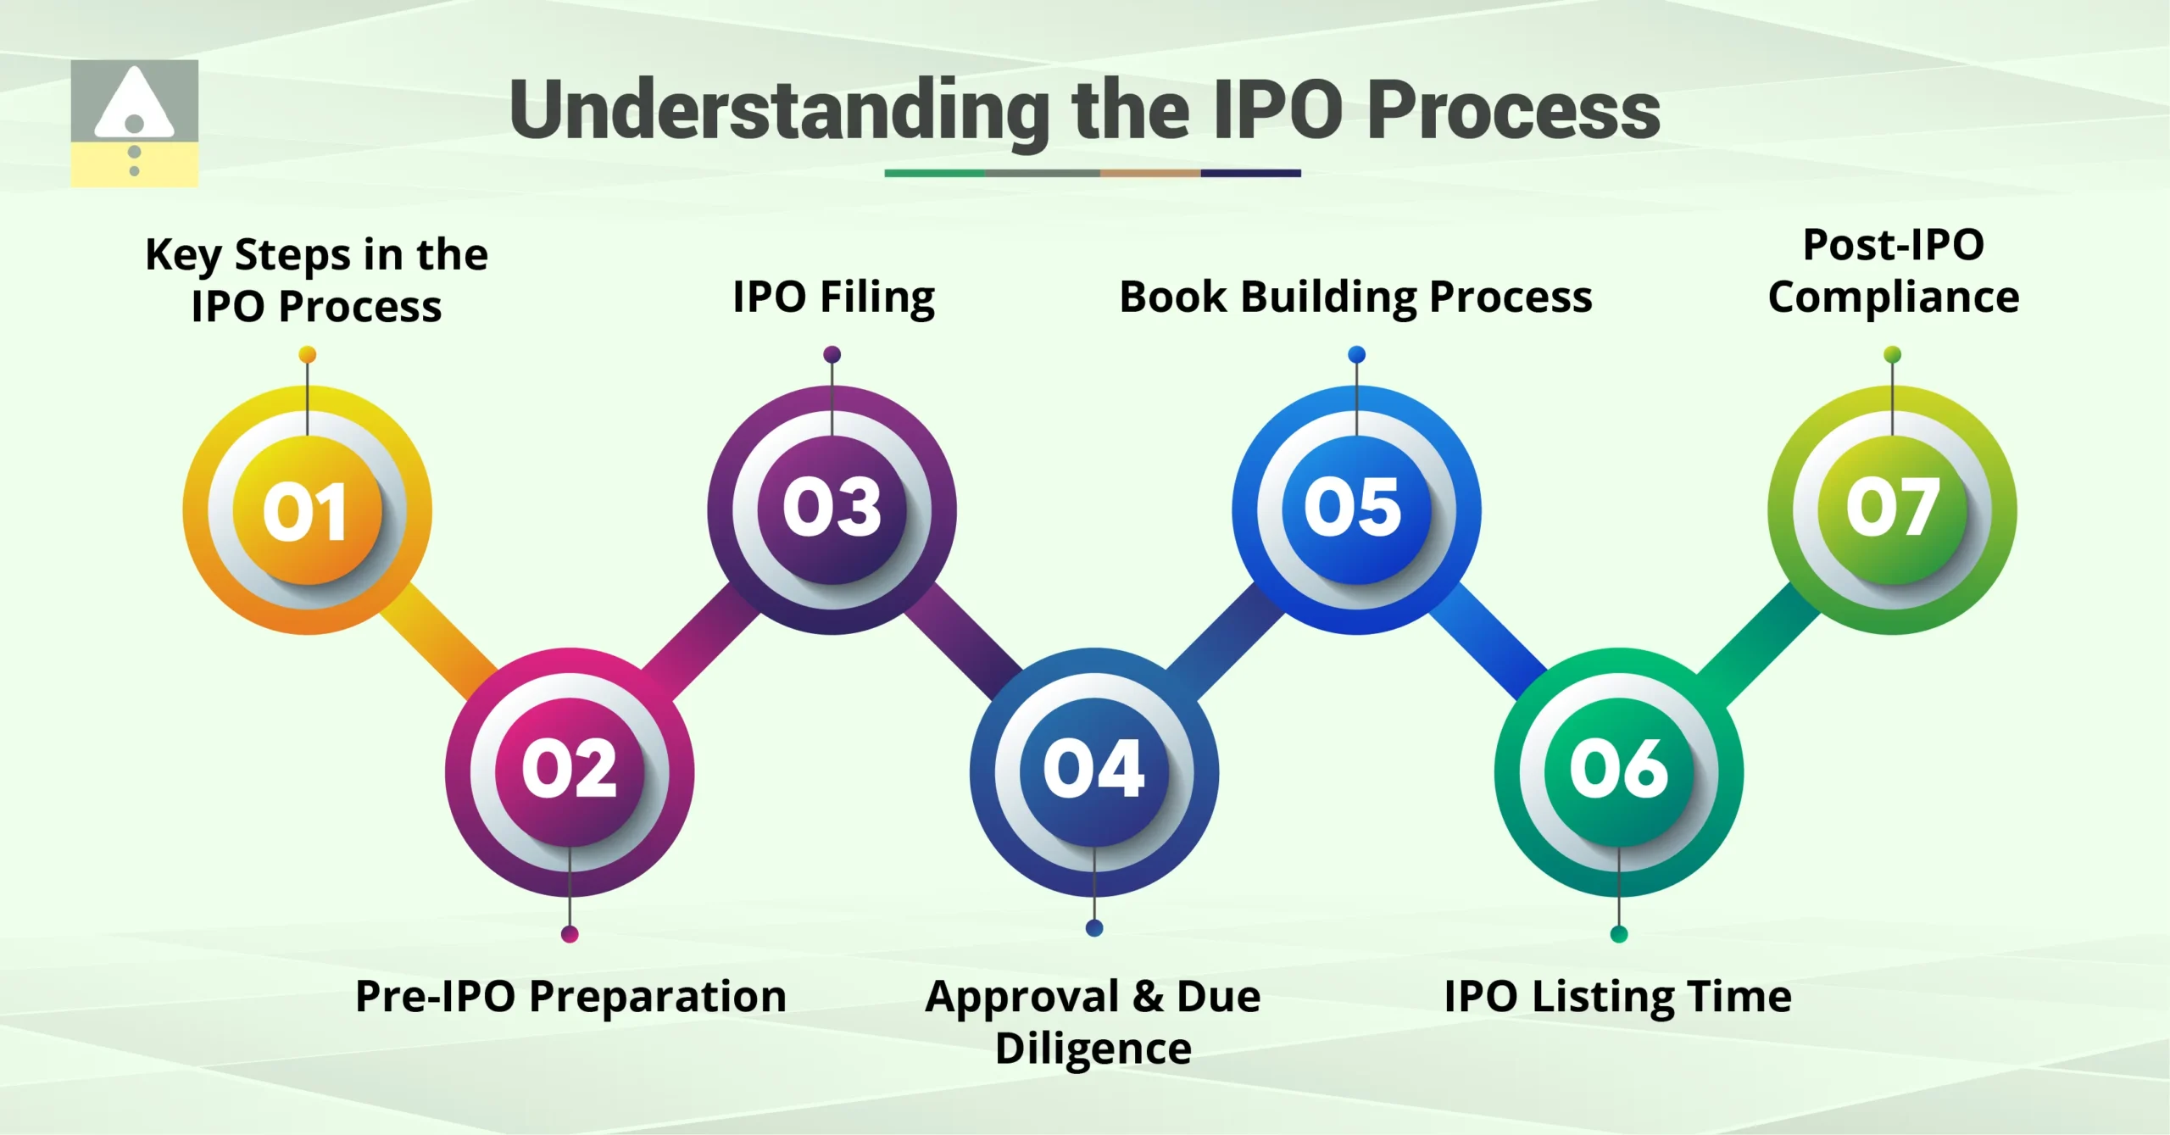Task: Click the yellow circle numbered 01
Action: click(307, 510)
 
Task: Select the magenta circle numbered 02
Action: click(570, 771)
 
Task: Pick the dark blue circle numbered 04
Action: click(1093, 771)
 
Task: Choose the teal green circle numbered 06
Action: click(1618, 771)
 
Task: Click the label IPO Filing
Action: click(833, 297)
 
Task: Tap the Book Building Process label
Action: click(1355, 297)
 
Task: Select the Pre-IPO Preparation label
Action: click(570, 996)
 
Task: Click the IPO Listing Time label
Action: click(1617, 996)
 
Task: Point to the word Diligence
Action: click(1093, 1049)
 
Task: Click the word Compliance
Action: click(1893, 298)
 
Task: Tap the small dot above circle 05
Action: click(1356, 354)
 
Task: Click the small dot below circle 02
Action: click(570, 934)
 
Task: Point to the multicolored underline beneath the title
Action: click(1092, 173)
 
